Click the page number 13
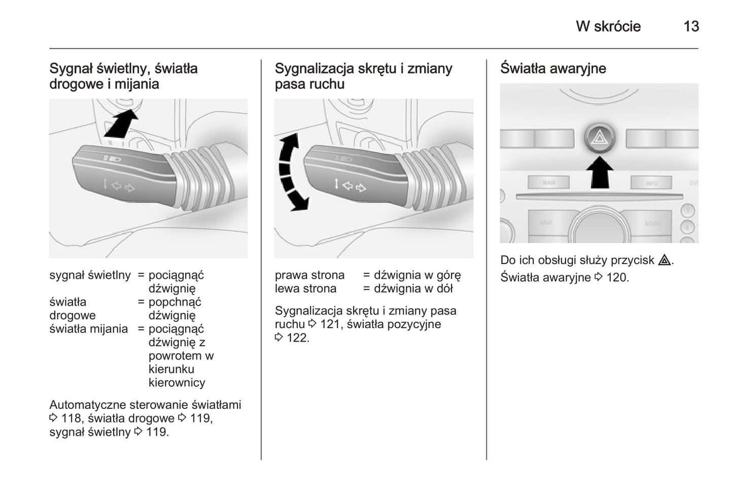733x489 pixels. [691, 26]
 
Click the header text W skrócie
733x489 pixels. [608, 26]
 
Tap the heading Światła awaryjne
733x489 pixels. [553, 68]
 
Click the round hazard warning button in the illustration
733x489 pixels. [600, 137]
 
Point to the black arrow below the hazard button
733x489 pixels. [600, 172]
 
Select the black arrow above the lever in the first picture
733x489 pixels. [122, 124]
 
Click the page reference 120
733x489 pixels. [617, 278]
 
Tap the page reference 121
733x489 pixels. [330, 324]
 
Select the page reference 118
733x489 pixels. [71, 419]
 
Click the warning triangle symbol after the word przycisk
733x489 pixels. [664, 260]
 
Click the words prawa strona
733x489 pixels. [309, 275]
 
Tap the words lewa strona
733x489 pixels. [305, 289]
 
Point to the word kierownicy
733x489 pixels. [177, 383]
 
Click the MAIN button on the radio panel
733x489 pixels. [548, 182]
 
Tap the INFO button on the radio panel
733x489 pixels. [651, 183]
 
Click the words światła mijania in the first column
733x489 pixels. [88, 329]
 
